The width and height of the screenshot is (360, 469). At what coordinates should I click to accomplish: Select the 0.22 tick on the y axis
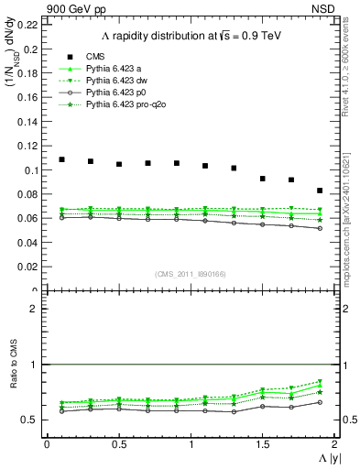[x=29, y=25]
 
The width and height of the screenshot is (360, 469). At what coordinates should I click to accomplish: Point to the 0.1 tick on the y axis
[x=32, y=170]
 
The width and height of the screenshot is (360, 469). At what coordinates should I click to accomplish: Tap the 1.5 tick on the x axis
[x=262, y=444]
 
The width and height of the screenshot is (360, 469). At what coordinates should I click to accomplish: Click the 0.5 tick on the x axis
[x=118, y=444]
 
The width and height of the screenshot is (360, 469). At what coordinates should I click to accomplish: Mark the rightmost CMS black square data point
[x=320, y=191]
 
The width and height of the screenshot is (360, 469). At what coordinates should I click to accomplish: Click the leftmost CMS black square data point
[x=61, y=159]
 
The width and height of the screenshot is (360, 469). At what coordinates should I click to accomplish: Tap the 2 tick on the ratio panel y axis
[x=35, y=310]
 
